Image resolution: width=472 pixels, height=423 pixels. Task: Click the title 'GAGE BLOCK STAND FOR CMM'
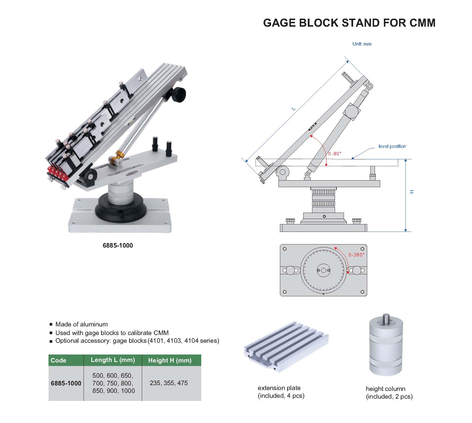pyautogui.click(x=349, y=23)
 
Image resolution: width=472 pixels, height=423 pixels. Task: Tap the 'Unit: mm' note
pyautogui.click(x=362, y=44)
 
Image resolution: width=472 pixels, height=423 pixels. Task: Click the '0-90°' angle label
pyautogui.click(x=334, y=154)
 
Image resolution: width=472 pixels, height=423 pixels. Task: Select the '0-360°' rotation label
pyautogui.click(x=356, y=255)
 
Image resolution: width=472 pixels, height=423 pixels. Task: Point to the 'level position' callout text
pyautogui.click(x=392, y=146)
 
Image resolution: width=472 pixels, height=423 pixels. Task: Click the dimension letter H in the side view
pyautogui.click(x=412, y=191)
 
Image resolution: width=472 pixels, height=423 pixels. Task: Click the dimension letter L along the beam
pyautogui.click(x=293, y=109)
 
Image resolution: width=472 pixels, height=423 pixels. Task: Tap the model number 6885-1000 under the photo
pyautogui.click(x=118, y=245)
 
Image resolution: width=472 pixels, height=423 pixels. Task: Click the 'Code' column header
pyautogui.click(x=59, y=360)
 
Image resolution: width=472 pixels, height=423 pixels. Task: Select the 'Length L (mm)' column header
pyautogui.click(x=113, y=360)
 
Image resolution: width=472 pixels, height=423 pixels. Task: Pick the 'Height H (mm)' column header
pyautogui.click(x=170, y=360)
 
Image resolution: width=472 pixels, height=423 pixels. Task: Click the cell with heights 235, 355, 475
pyautogui.click(x=169, y=383)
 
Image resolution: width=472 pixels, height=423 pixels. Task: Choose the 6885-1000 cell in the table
pyautogui.click(x=66, y=383)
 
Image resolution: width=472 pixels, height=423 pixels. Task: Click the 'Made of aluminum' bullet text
pyautogui.click(x=82, y=324)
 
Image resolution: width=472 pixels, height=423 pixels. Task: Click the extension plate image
pyautogui.click(x=286, y=347)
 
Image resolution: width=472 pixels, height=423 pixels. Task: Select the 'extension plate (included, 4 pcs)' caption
pyautogui.click(x=281, y=392)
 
